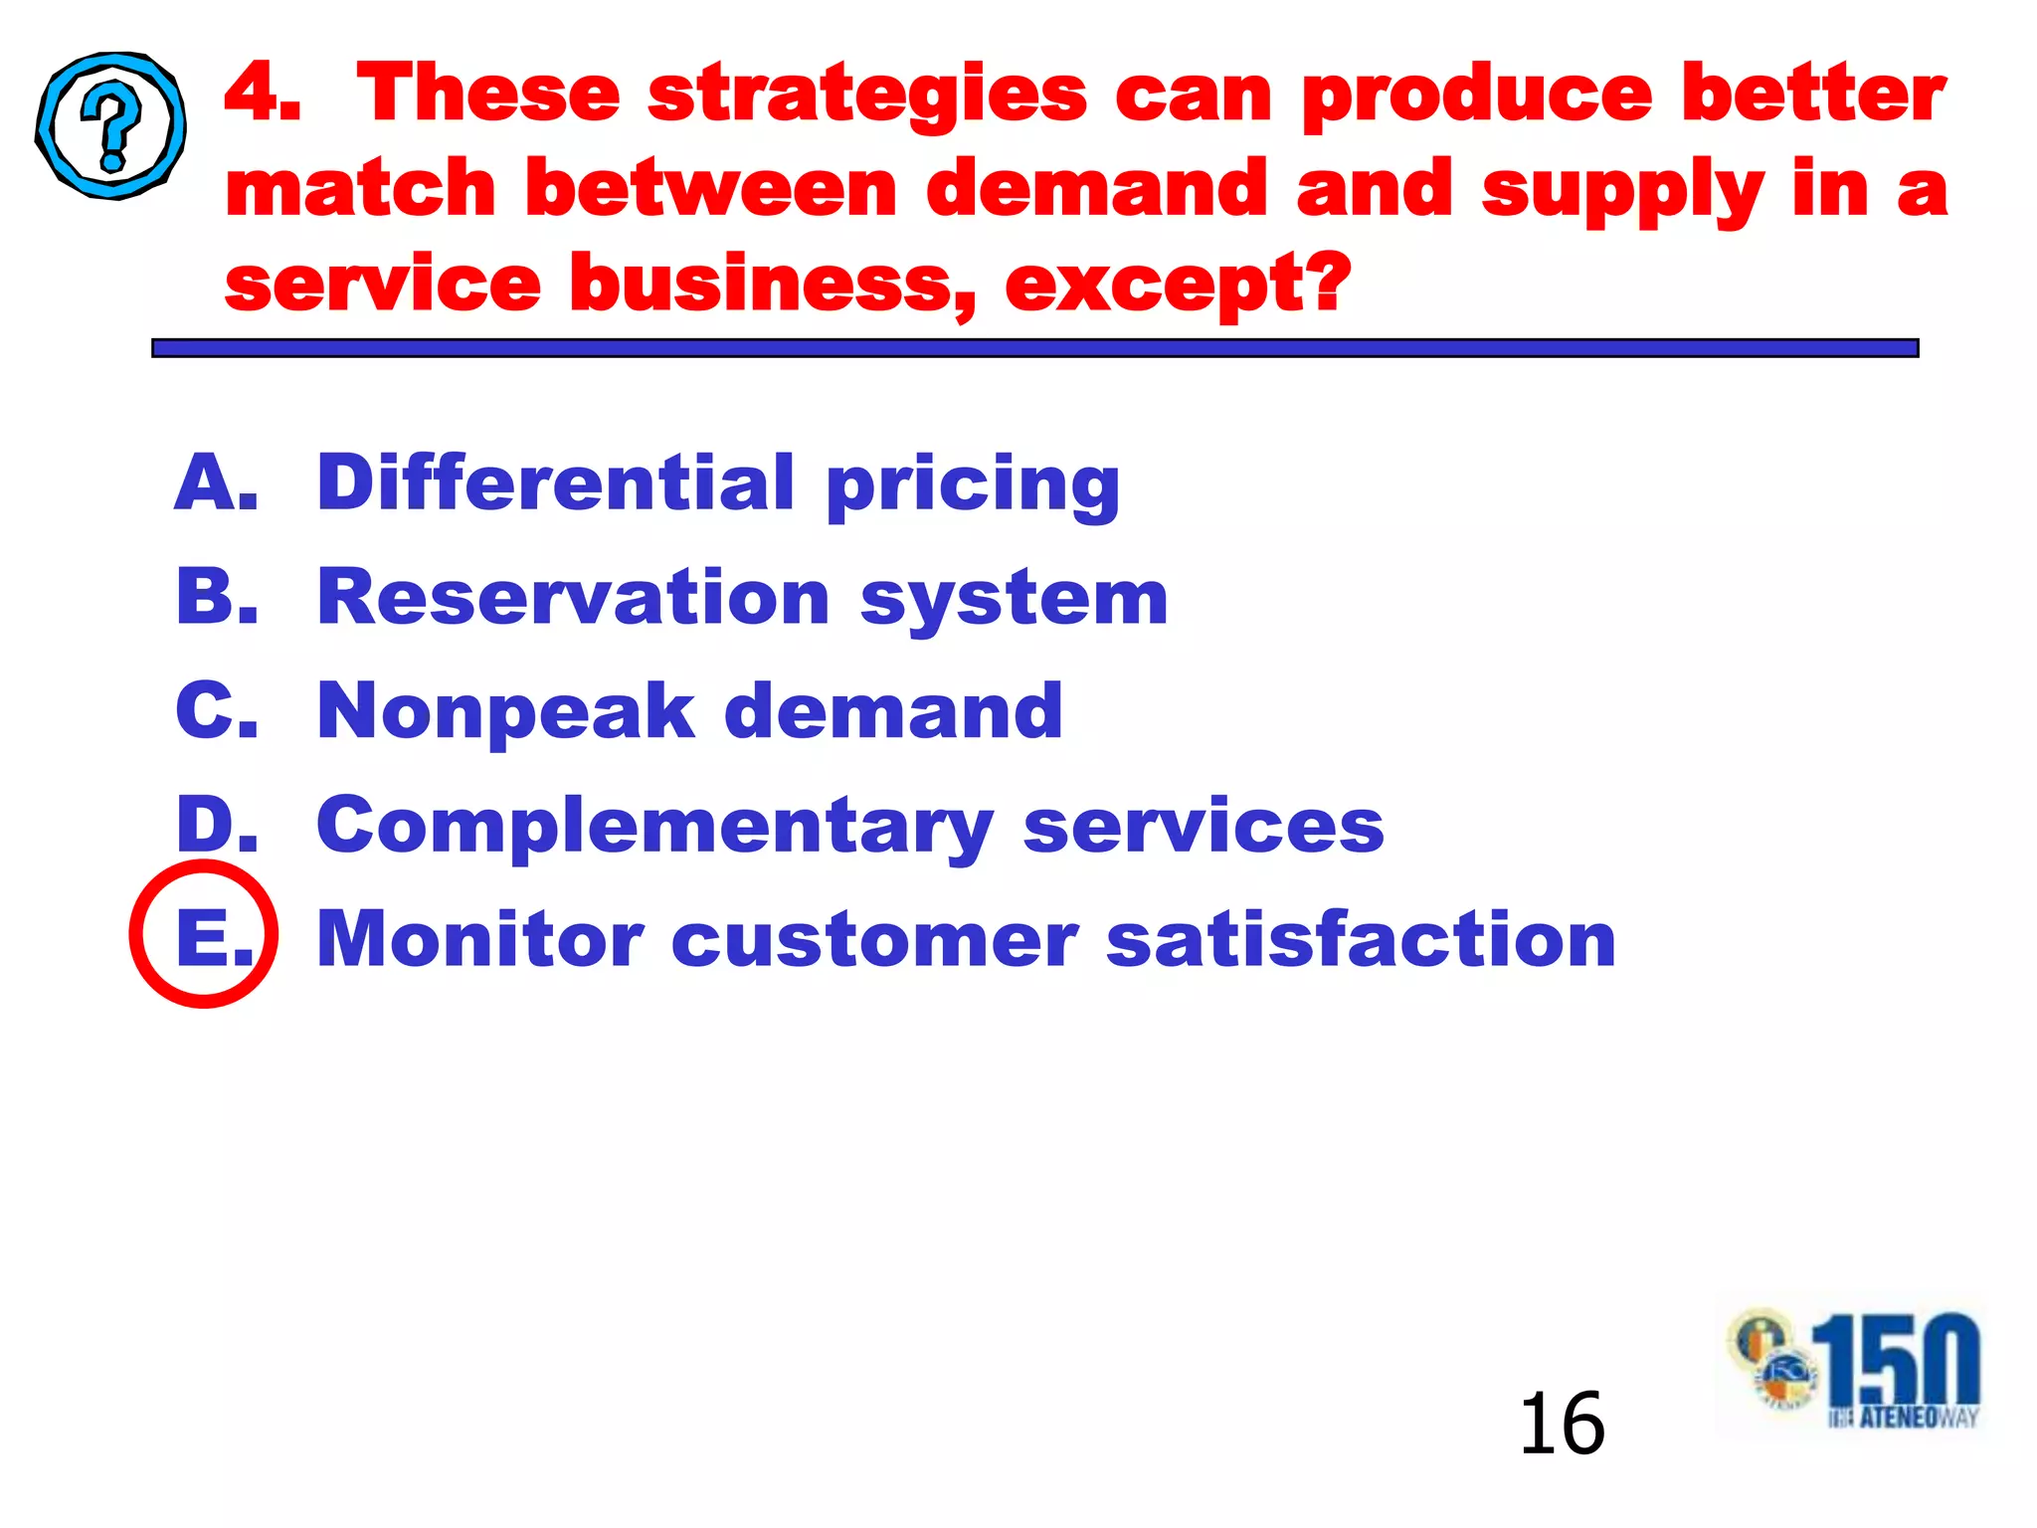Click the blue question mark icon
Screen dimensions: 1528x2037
tap(111, 126)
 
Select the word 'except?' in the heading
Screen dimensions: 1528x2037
tap(1178, 286)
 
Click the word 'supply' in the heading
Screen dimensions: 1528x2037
tap(1622, 192)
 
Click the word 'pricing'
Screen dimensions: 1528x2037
tap(972, 486)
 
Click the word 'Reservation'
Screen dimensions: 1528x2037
tap(572, 598)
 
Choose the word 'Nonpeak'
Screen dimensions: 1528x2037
tap(505, 713)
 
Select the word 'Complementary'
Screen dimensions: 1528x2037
tap(654, 828)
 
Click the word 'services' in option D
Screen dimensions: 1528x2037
tap(1203, 827)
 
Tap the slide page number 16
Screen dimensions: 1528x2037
tap(1561, 1424)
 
